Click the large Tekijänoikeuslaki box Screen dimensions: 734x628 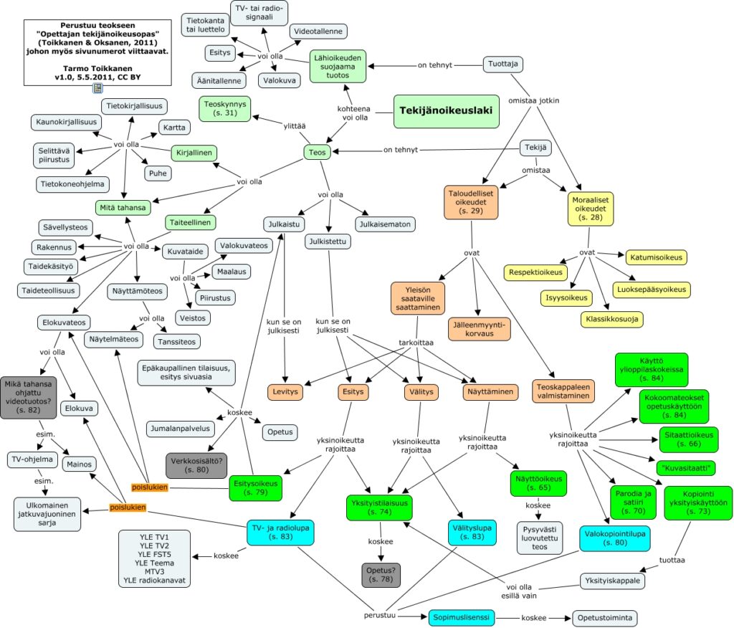pos(446,111)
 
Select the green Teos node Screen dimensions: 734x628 pos(317,152)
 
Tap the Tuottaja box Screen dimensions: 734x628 pos(502,64)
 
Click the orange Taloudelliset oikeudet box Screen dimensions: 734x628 pos(471,202)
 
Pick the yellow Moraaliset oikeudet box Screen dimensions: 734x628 pos(591,209)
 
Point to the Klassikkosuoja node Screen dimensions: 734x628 pos(612,320)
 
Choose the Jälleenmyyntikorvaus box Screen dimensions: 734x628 pos(479,329)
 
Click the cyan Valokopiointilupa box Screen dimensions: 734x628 pos(614,538)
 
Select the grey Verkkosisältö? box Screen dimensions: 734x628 pos(196,465)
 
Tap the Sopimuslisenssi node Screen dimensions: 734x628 pos(461,617)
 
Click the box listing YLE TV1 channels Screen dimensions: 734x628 pos(155,558)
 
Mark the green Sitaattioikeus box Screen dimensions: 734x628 pos(689,439)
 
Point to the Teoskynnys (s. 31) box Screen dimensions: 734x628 pos(224,109)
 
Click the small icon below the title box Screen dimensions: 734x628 pos(97,88)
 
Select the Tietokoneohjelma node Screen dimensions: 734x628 pos(72,184)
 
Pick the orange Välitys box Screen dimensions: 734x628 pos(421,392)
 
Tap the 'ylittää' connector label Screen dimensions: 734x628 pos(295,126)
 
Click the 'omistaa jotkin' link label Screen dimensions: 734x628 pos(533,100)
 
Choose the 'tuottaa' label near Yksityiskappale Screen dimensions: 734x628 pos(672,560)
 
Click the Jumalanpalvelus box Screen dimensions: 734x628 pos(180,429)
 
